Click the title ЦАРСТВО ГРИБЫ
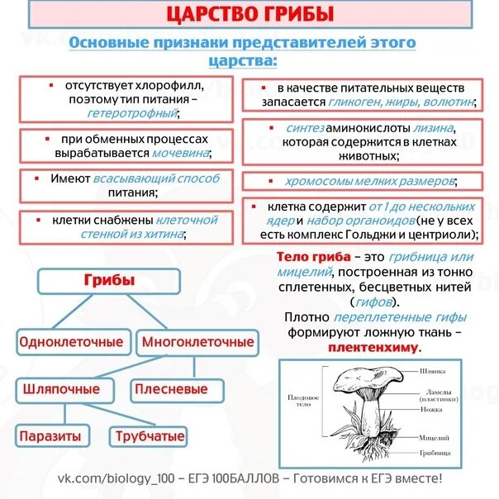tap(249, 14)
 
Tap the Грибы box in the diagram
tap(109, 282)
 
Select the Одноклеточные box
tap(71, 341)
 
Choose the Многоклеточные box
tap(198, 341)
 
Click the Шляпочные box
tap(62, 388)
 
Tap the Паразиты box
tap(50, 435)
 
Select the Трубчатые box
tap(150, 435)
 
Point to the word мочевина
tap(180, 153)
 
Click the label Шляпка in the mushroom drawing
tap(433, 372)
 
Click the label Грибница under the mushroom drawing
tap(435, 454)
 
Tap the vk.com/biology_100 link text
tap(109, 479)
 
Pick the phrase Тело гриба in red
tap(307, 258)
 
